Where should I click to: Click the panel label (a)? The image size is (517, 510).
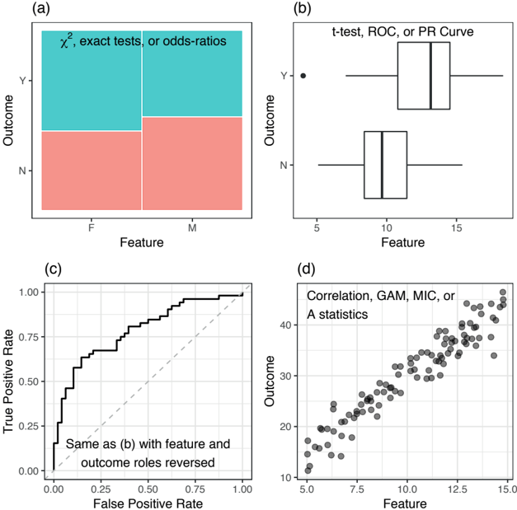click(41, 8)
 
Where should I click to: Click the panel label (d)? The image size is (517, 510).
click(306, 269)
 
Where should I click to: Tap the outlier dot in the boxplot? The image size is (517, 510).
click(303, 76)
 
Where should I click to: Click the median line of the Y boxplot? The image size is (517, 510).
click(431, 76)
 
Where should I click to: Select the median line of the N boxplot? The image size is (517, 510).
click(382, 165)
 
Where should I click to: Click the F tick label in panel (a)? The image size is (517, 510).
click(92, 227)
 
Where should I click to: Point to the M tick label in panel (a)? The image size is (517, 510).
click(192, 227)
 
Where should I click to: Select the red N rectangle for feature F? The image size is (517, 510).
click(92, 171)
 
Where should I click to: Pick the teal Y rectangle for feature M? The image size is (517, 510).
click(192, 73)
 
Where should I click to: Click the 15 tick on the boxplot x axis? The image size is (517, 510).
click(456, 227)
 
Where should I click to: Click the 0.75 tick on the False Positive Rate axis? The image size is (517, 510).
click(195, 489)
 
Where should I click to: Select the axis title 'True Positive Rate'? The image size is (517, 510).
click(8, 381)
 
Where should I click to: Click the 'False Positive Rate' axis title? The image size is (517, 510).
click(148, 503)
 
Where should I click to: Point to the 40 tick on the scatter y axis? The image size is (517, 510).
click(286, 325)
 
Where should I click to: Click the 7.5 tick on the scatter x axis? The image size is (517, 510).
click(357, 489)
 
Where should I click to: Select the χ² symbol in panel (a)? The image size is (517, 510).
click(66, 40)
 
